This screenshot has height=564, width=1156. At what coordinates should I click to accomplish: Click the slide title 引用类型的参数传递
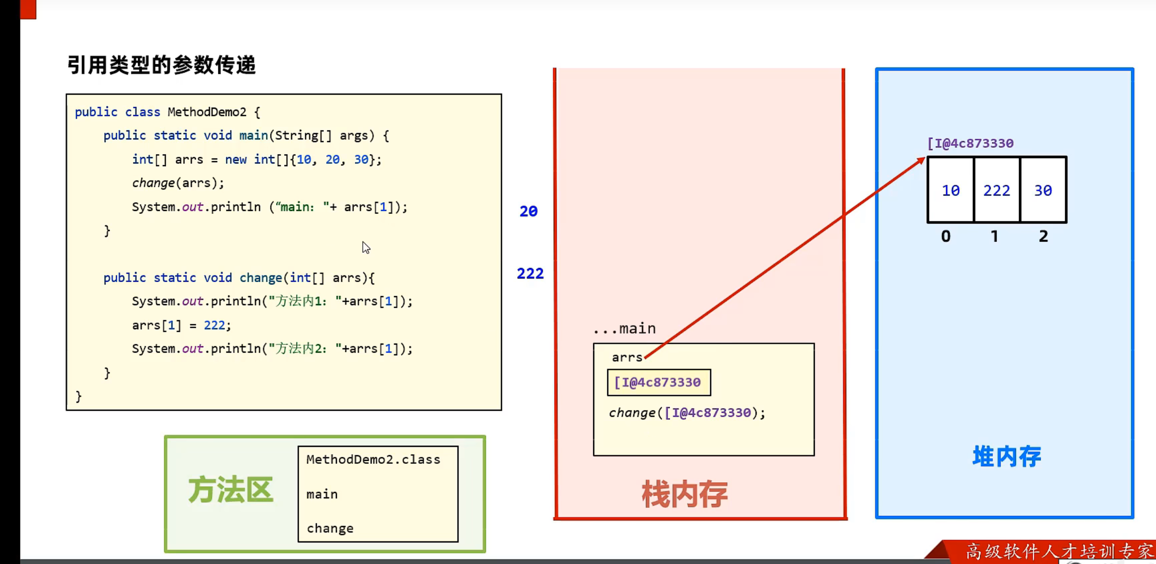tap(161, 65)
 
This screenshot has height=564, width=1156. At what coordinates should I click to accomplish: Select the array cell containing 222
tap(996, 190)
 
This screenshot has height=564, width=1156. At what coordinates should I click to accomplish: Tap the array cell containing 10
tap(951, 190)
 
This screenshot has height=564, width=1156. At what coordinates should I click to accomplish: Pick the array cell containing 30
tap(1043, 190)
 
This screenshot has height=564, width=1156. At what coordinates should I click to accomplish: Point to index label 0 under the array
tap(946, 236)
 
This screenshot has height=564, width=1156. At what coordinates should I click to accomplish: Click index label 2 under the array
tap(1043, 236)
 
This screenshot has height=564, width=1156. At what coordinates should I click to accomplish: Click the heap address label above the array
tap(970, 143)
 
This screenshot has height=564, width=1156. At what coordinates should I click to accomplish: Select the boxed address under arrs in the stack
tap(658, 383)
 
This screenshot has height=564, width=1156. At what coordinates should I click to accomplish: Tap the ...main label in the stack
tap(624, 329)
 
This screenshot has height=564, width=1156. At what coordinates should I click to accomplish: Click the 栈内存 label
tap(684, 494)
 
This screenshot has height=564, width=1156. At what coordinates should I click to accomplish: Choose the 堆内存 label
tap(1007, 456)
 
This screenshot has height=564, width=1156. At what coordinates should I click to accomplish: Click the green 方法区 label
tap(230, 490)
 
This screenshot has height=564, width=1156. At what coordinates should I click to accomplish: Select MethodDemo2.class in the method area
tap(373, 459)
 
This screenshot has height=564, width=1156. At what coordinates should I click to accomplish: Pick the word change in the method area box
tap(330, 528)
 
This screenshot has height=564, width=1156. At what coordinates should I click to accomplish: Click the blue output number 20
tap(529, 211)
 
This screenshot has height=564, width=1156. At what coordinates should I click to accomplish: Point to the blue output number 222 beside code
tap(530, 273)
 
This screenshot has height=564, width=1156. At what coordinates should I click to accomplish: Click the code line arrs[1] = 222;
tap(181, 326)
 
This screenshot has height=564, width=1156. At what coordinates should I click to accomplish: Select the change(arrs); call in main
tap(178, 183)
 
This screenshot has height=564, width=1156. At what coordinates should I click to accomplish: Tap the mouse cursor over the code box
tap(366, 247)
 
